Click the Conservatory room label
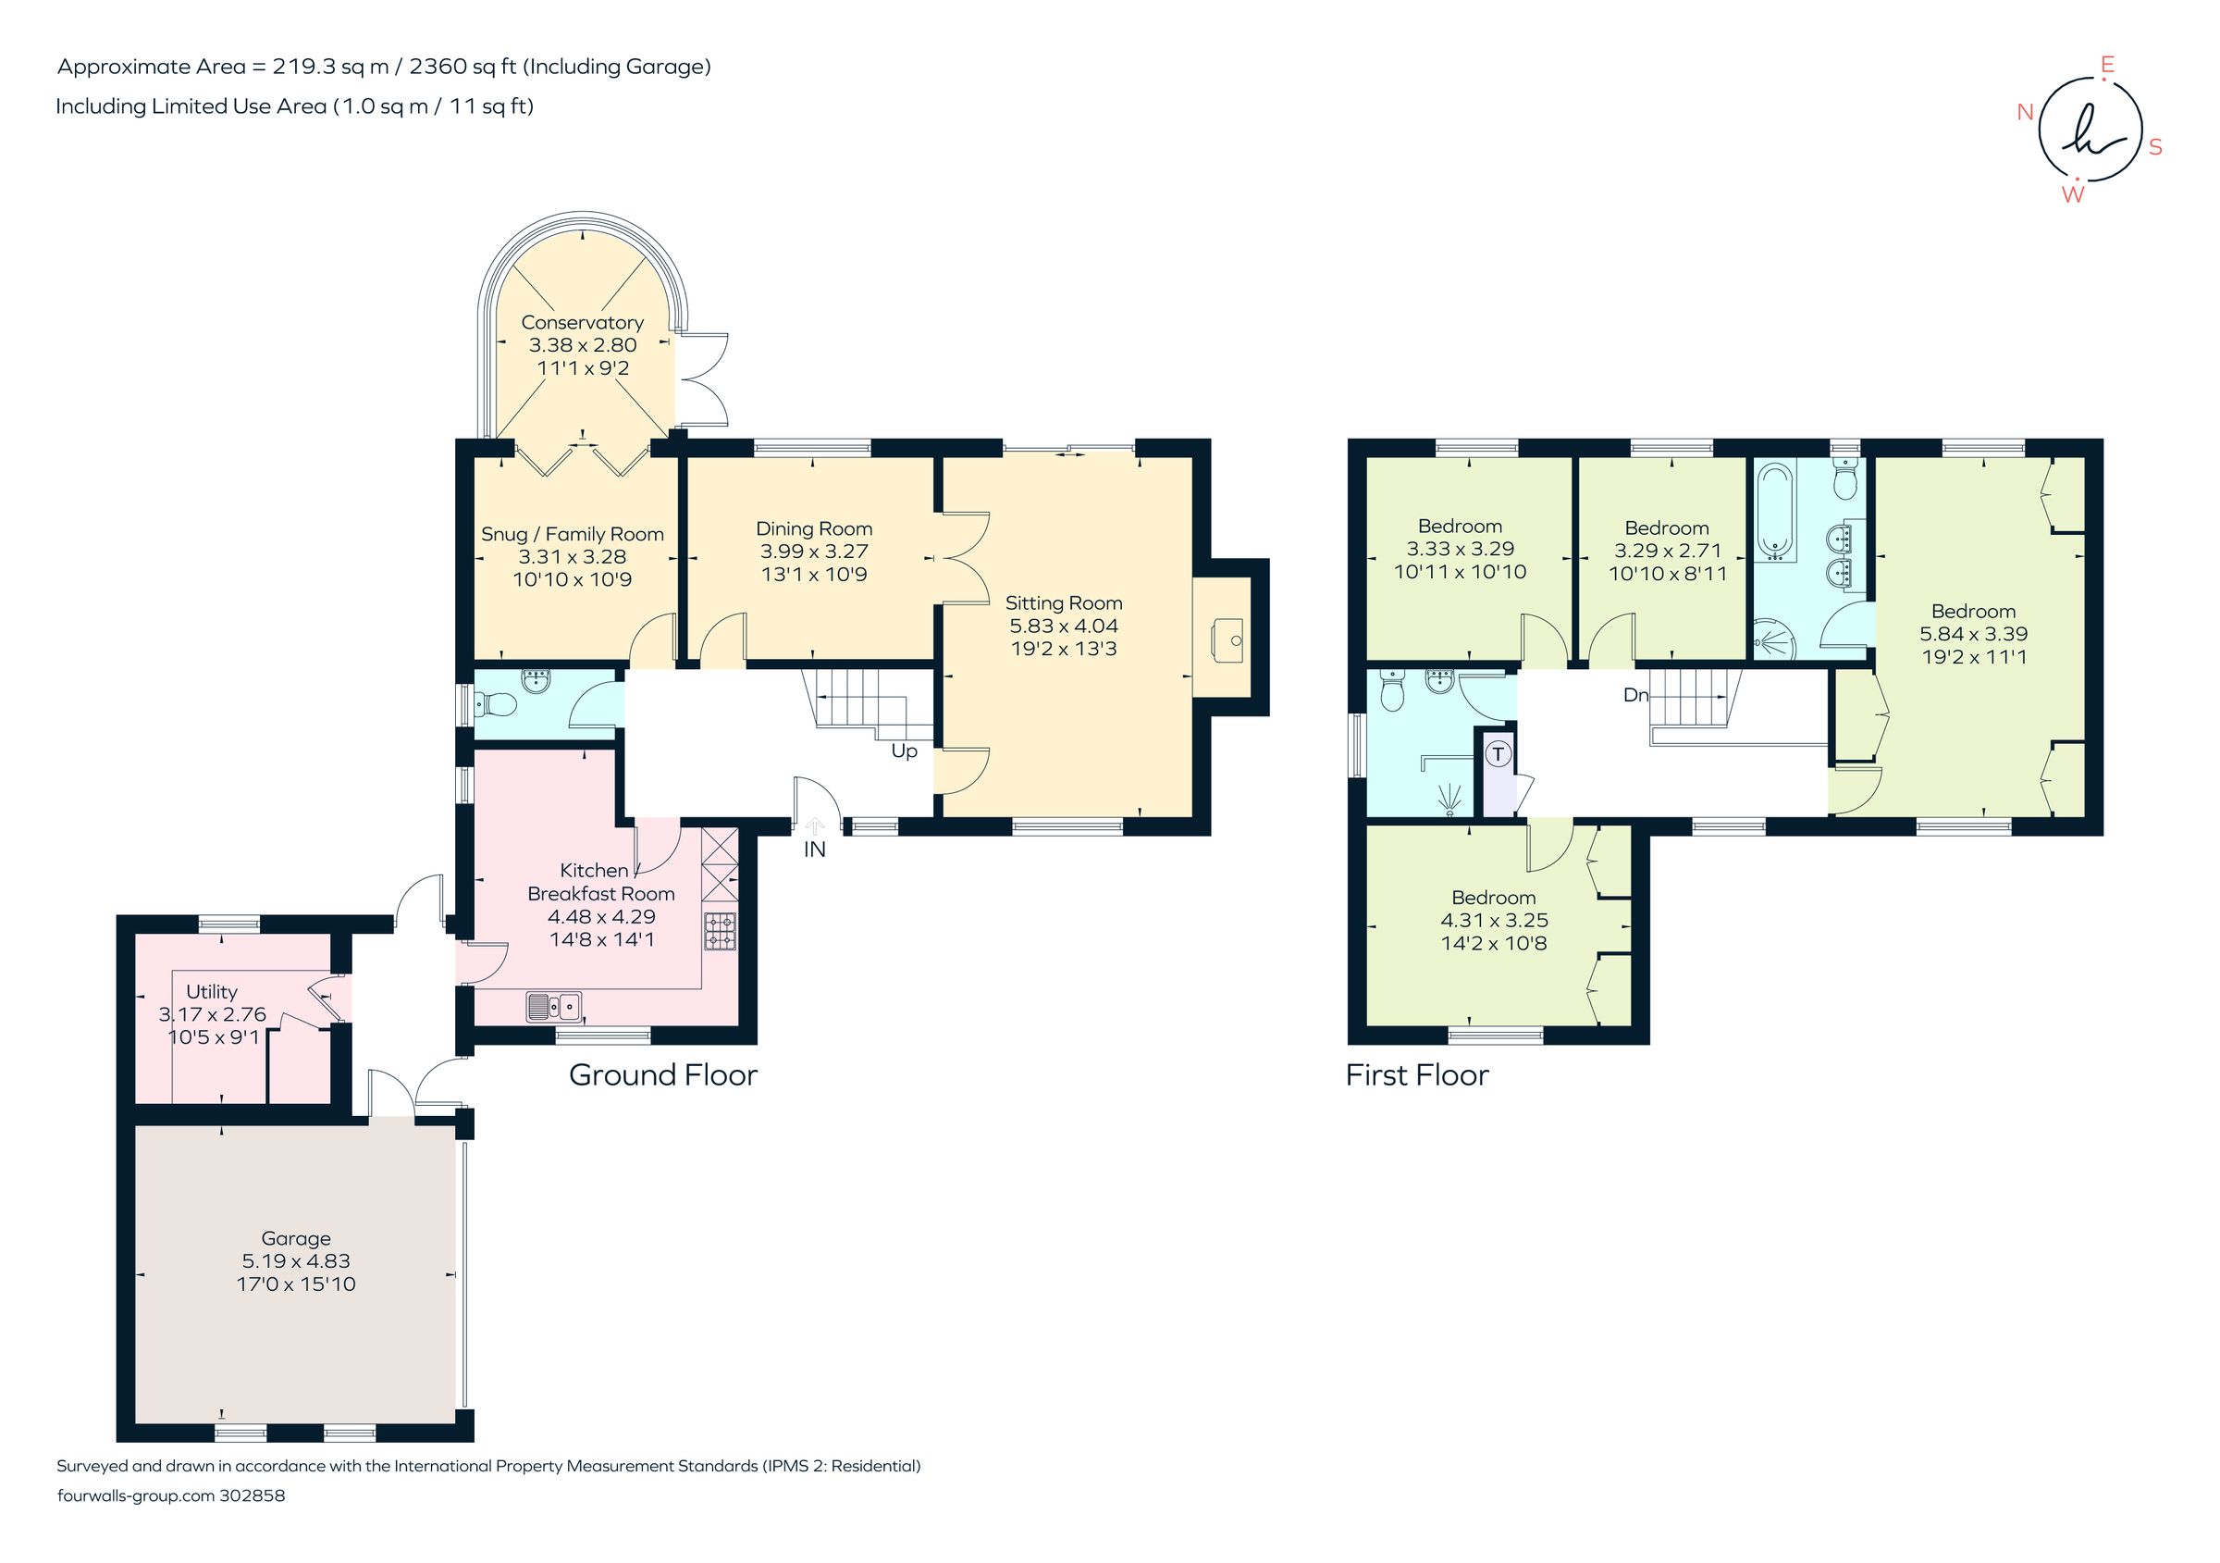click(x=582, y=322)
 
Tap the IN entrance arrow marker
click(x=814, y=828)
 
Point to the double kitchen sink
click(x=555, y=1006)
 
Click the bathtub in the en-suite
click(x=1775, y=513)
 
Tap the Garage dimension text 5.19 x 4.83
click(x=296, y=1261)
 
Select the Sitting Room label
click(x=1064, y=602)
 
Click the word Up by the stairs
click(x=904, y=750)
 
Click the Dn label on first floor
click(x=1635, y=695)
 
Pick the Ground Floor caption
click(x=662, y=1074)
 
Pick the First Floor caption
click(x=1416, y=1074)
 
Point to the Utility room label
click(x=211, y=991)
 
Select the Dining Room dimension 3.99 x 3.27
click(x=813, y=552)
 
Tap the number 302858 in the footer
click(x=253, y=1495)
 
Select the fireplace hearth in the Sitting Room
click(x=1223, y=639)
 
